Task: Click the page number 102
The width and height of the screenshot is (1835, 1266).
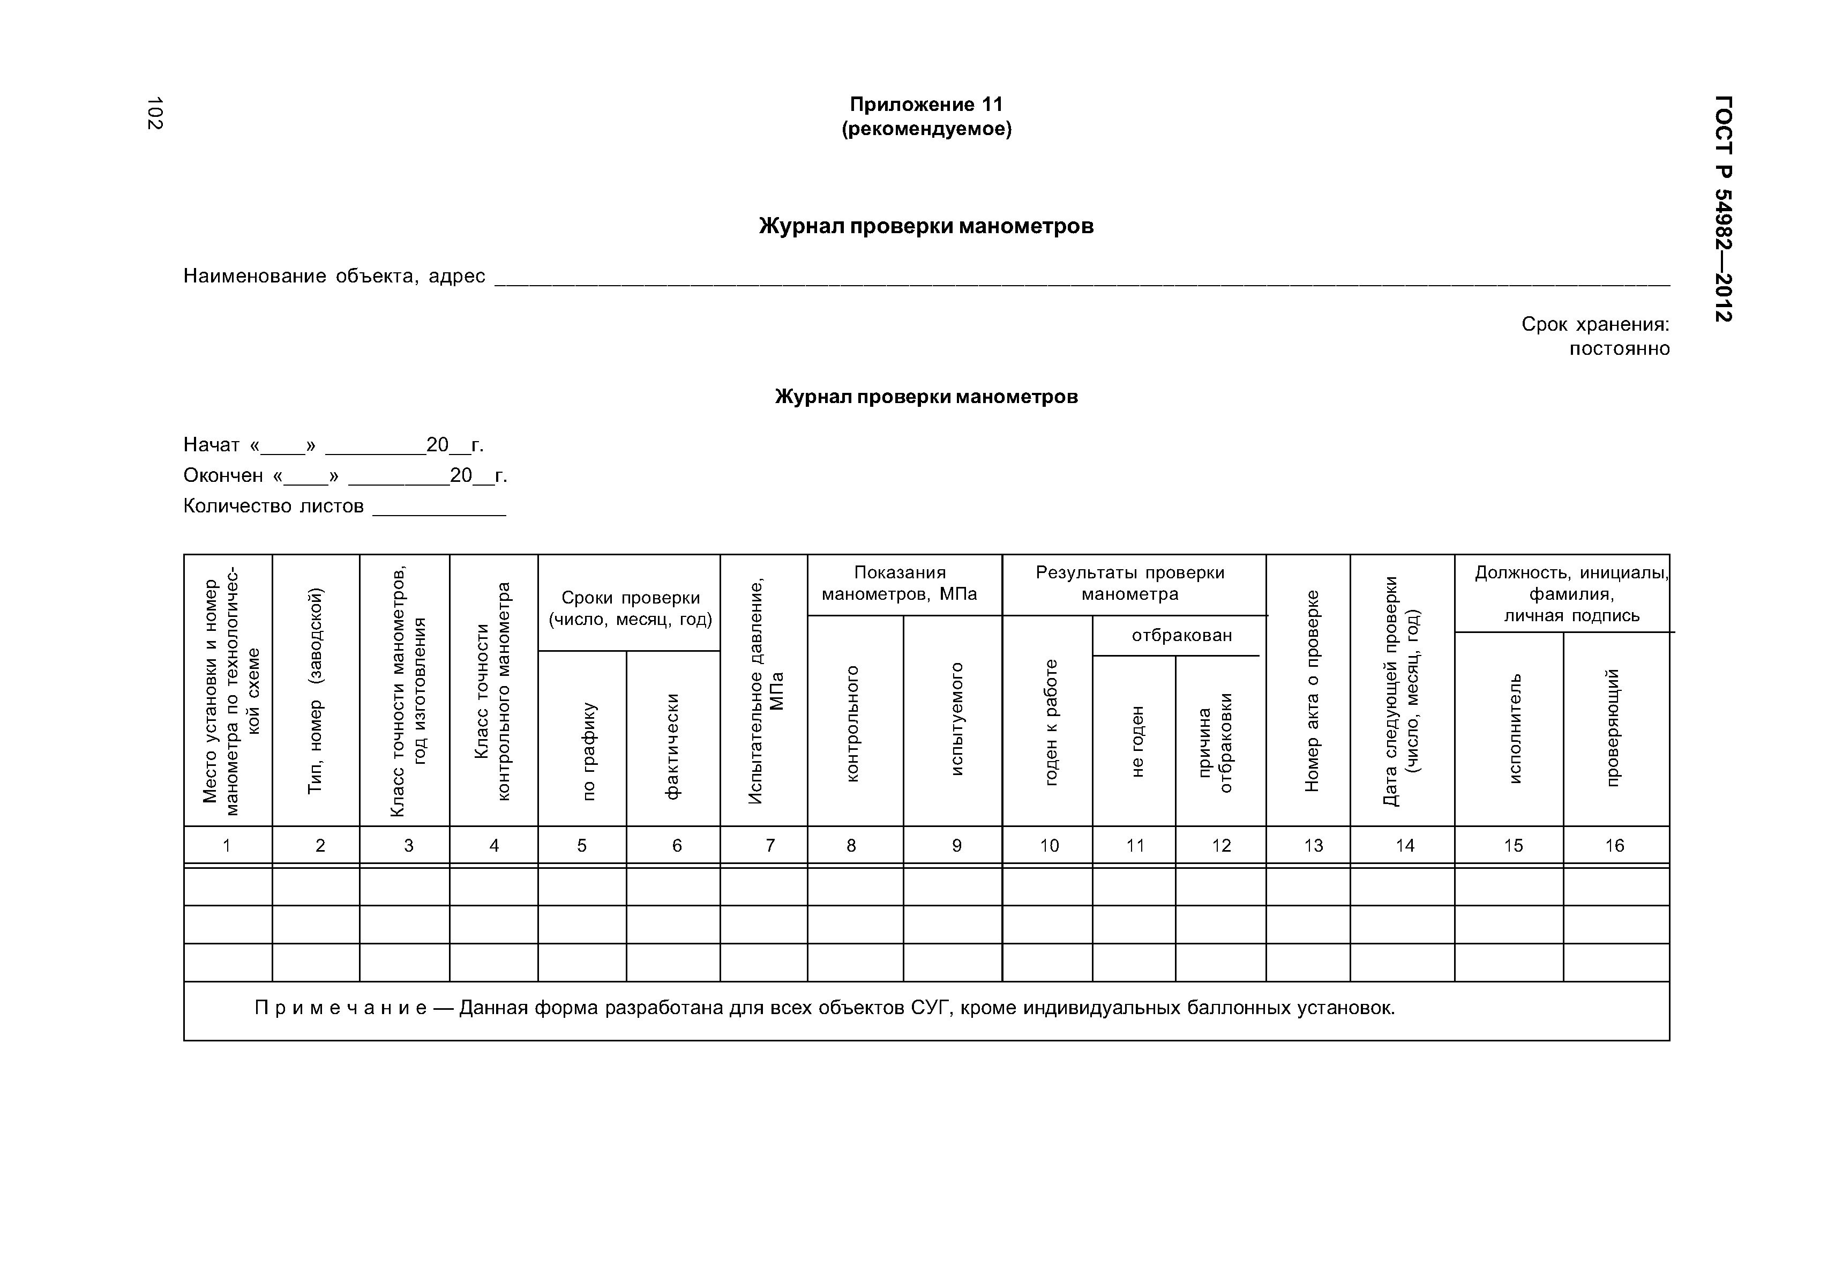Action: click(x=155, y=113)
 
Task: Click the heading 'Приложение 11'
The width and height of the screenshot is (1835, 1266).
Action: click(x=926, y=105)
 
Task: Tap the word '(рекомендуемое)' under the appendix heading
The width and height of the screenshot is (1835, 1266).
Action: click(x=926, y=129)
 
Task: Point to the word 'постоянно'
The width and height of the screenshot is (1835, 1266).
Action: click(x=1619, y=349)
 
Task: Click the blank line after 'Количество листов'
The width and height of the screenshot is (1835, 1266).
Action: click(x=439, y=508)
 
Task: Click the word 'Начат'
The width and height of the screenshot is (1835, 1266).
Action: click(x=211, y=445)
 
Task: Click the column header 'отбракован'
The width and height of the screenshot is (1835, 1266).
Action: click(x=1181, y=635)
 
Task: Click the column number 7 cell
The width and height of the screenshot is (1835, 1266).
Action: click(x=769, y=846)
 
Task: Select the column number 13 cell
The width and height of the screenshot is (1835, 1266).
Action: click(x=1313, y=846)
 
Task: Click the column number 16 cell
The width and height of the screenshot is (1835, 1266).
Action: click(x=1615, y=846)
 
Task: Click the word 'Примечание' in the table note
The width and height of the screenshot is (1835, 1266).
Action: click(x=341, y=1008)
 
